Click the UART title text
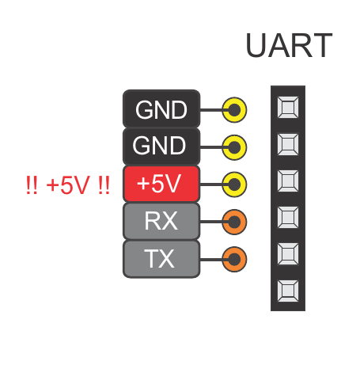[289, 45]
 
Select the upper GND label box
[161, 108]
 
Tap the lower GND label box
[161, 146]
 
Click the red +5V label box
[161, 184]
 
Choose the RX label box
[161, 221]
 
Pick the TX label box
[161, 259]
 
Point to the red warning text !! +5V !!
[67, 184]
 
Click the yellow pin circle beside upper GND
[234, 110]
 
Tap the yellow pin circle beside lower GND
[234, 147]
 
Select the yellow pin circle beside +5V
[234, 184]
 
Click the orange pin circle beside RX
[234, 222]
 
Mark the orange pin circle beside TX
[234, 260]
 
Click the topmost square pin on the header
[288, 107]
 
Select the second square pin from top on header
[288, 144]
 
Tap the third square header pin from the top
[288, 181]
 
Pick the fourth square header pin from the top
[288, 218]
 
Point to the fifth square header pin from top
[288, 254]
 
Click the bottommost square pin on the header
[288, 291]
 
